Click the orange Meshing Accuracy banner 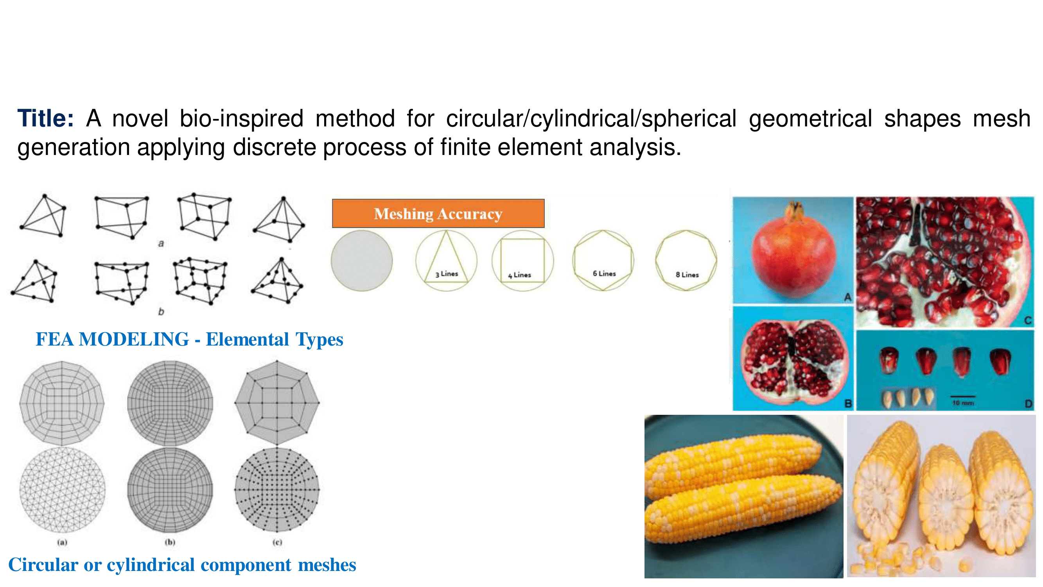pos(438,213)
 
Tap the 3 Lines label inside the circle pos(447,274)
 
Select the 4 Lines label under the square pos(519,275)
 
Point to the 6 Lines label pos(604,274)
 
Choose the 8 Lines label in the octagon pos(687,275)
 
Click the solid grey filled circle pos(362,261)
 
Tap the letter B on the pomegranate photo pos(848,404)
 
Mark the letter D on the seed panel pos(1029,404)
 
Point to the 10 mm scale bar pos(963,396)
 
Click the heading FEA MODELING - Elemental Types pos(190,339)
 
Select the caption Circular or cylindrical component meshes pos(182,565)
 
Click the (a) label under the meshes pos(62,542)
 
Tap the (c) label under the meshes pos(277,542)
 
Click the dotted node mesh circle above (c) pos(277,490)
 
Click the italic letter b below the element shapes pos(161,312)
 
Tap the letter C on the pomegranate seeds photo pos(1028,321)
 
